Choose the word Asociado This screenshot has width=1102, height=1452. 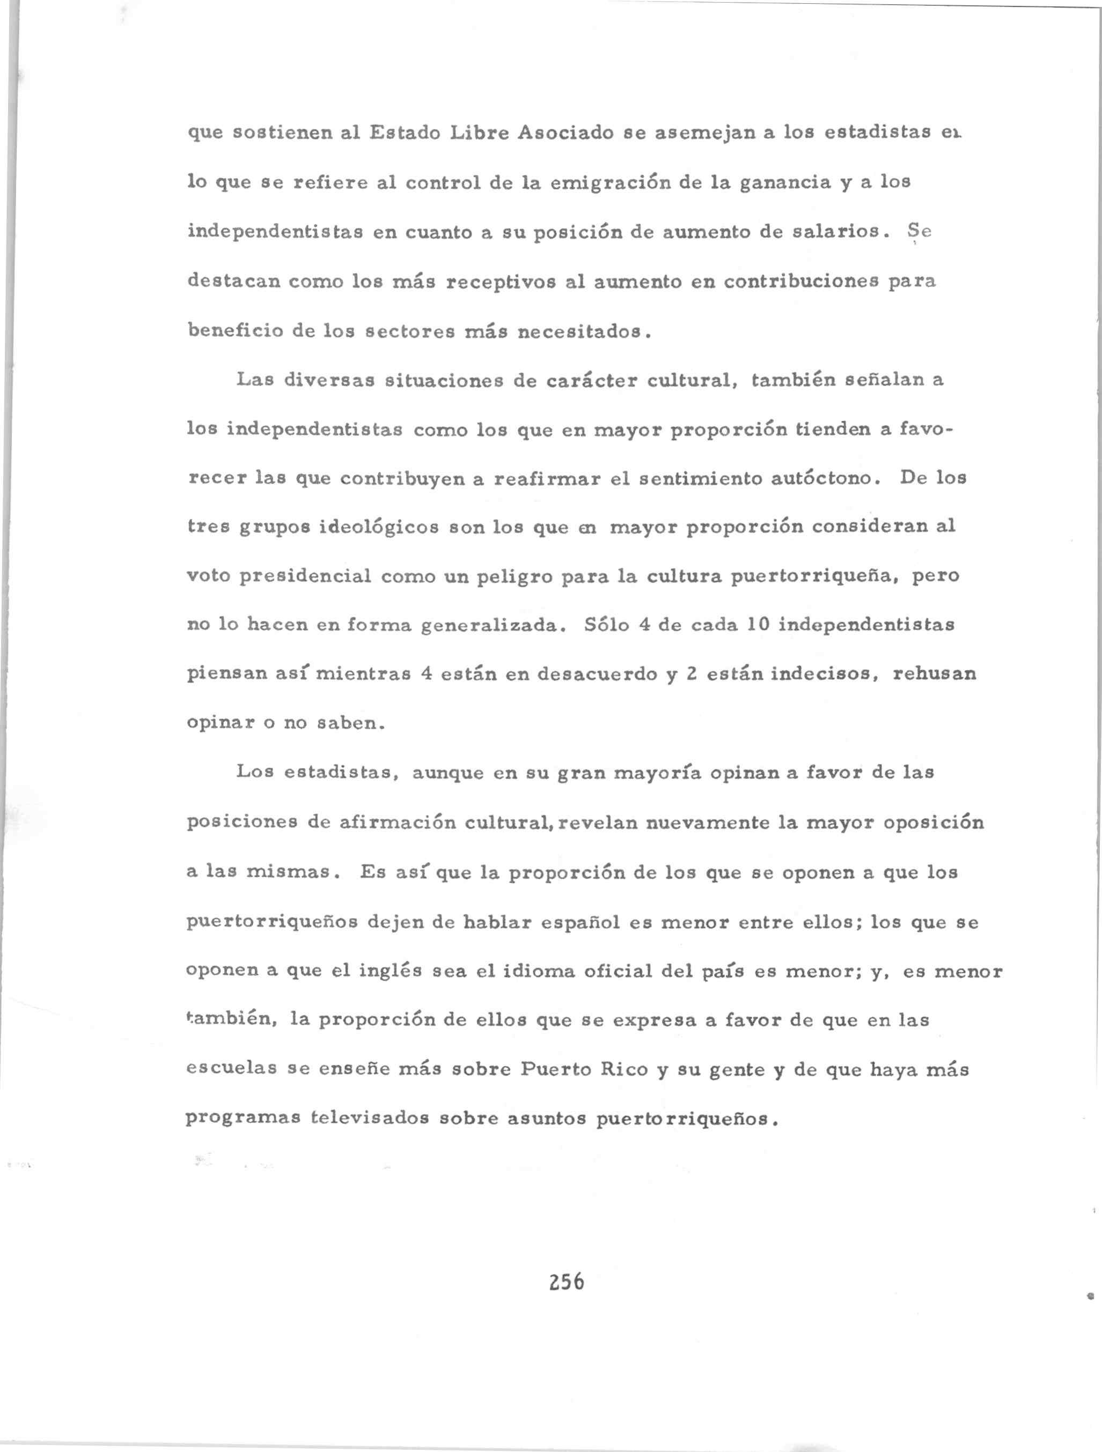566,134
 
